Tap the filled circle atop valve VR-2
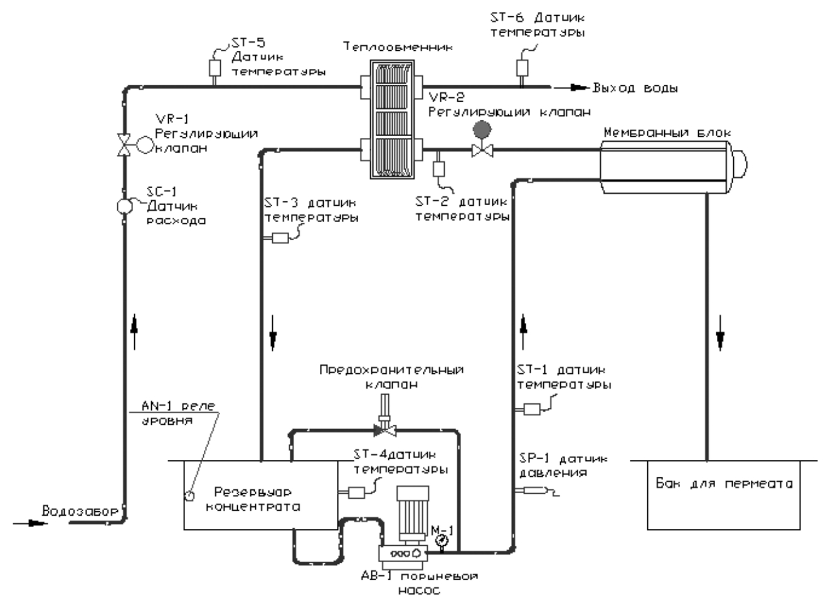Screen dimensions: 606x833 [x=482, y=129]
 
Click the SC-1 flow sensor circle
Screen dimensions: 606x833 [x=123, y=206]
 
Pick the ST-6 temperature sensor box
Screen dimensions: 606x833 [x=521, y=66]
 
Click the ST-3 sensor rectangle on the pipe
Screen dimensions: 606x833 [x=280, y=238]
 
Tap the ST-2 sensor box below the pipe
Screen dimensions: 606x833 [x=438, y=168]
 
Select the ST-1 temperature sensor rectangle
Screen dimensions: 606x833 [x=532, y=409]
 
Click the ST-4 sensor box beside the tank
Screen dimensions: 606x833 [x=356, y=492]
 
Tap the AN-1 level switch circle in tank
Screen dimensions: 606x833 [x=189, y=495]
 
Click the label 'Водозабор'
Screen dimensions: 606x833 [x=79, y=511]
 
